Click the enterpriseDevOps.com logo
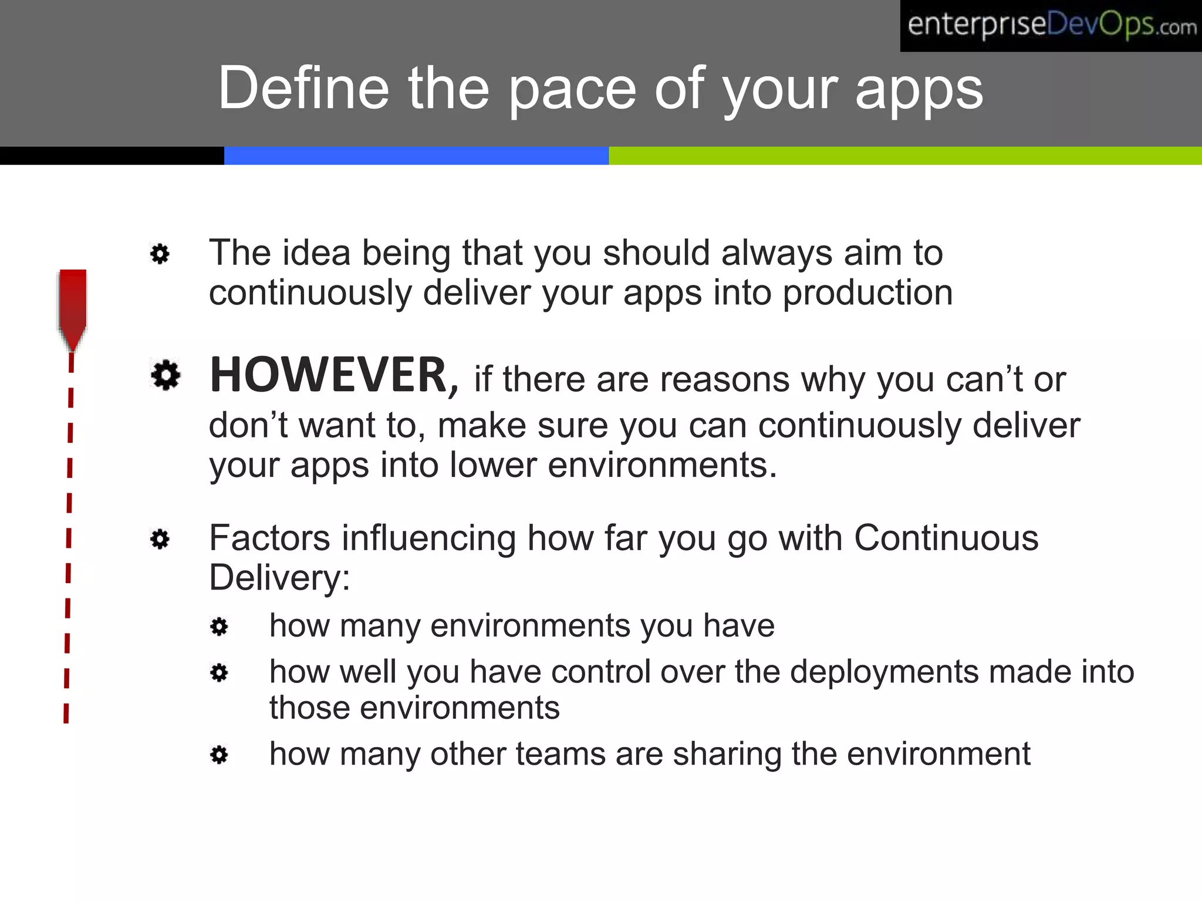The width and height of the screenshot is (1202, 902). [1051, 26]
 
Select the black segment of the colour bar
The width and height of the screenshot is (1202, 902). [112, 156]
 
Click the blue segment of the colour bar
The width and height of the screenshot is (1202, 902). [416, 156]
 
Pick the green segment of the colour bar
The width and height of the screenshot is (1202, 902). [904, 156]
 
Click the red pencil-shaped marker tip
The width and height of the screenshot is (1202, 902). [73, 311]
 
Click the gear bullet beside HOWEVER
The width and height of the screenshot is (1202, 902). [166, 374]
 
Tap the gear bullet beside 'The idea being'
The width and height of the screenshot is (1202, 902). [160, 254]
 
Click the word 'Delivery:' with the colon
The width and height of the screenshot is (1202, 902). [279, 577]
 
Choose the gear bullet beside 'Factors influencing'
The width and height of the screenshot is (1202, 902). [160, 538]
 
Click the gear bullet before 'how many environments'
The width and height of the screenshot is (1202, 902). [219, 627]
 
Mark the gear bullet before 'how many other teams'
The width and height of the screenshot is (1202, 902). [219, 755]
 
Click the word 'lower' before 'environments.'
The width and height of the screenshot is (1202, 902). [493, 465]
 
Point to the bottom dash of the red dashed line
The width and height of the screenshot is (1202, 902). [66, 713]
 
